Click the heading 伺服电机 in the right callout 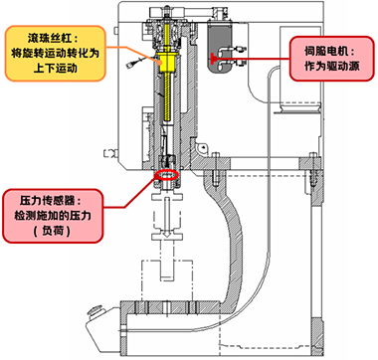329,47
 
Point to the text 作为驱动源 328,63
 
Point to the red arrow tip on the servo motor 237,59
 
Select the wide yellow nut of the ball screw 168,58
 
